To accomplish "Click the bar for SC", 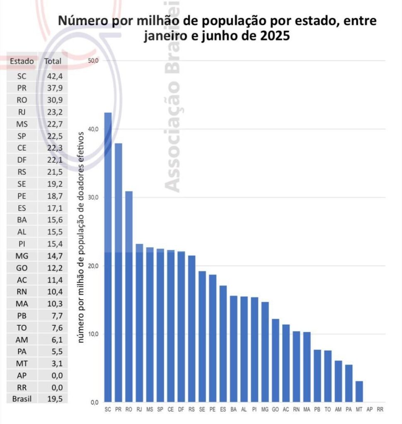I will (108, 257).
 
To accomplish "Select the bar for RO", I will (129, 296).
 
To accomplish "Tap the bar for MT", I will (359, 391).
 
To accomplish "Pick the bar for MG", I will (265, 352).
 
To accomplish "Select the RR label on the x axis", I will (380, 410).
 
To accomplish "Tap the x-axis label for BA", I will (233, 410).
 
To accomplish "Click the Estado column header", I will (22, 61).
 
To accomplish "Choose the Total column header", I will (53, 61).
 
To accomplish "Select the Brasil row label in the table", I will (22, 399).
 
